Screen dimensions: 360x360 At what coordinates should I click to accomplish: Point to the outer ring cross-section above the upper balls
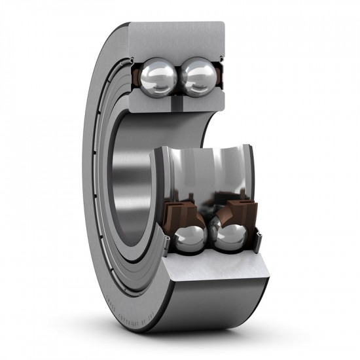(177, 39)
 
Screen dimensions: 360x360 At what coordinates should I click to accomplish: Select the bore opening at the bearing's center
(131, 190)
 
